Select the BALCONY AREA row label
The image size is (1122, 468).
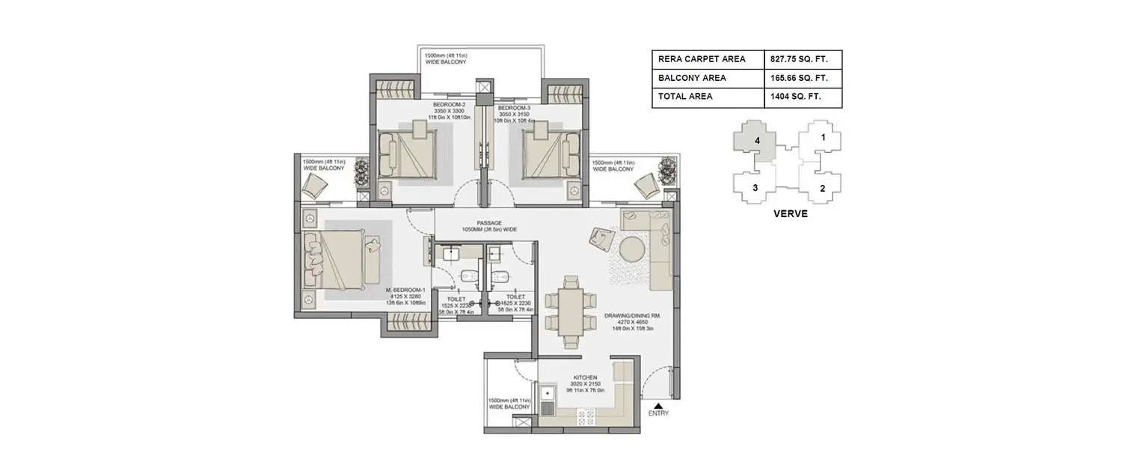point(692,78)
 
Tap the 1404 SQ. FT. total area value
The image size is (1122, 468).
point(794,97)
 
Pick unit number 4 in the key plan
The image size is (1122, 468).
point(758,140)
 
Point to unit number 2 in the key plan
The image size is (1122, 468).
point(822,188)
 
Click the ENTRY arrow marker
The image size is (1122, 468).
point(658,405)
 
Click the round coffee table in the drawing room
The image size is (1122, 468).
point(631,247)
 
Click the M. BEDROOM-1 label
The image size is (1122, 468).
point(405,290)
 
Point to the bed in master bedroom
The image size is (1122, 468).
point(338,260)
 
